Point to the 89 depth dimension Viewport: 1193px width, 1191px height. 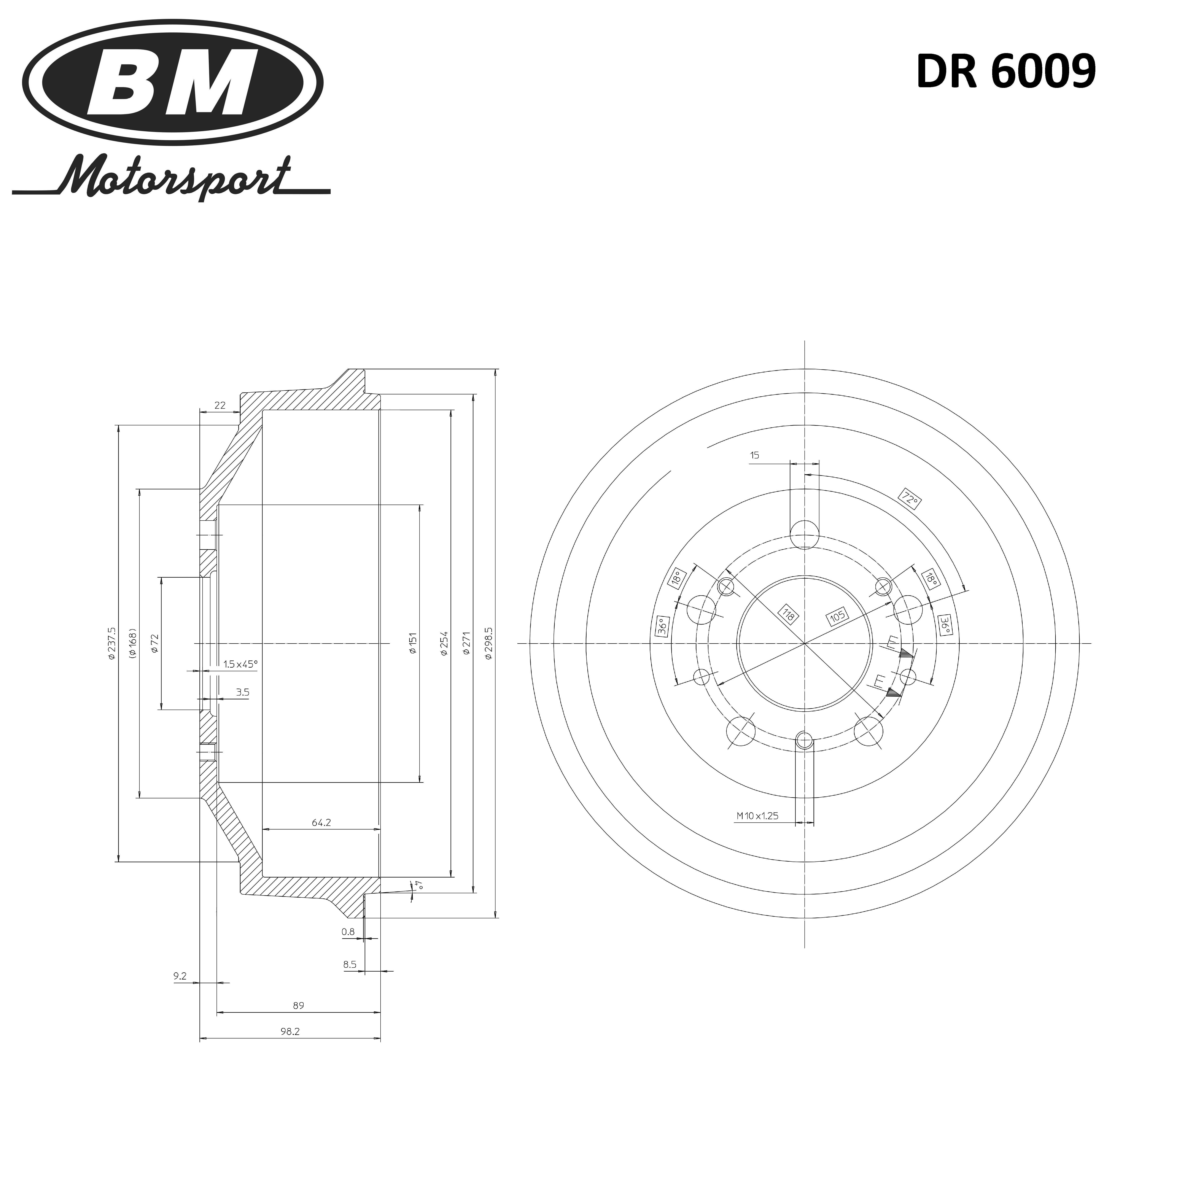point(298,1005)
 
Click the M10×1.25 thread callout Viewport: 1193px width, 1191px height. point(757,816)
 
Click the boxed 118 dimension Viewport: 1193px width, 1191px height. point(788,614)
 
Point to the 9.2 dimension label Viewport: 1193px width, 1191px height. point(180,976)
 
